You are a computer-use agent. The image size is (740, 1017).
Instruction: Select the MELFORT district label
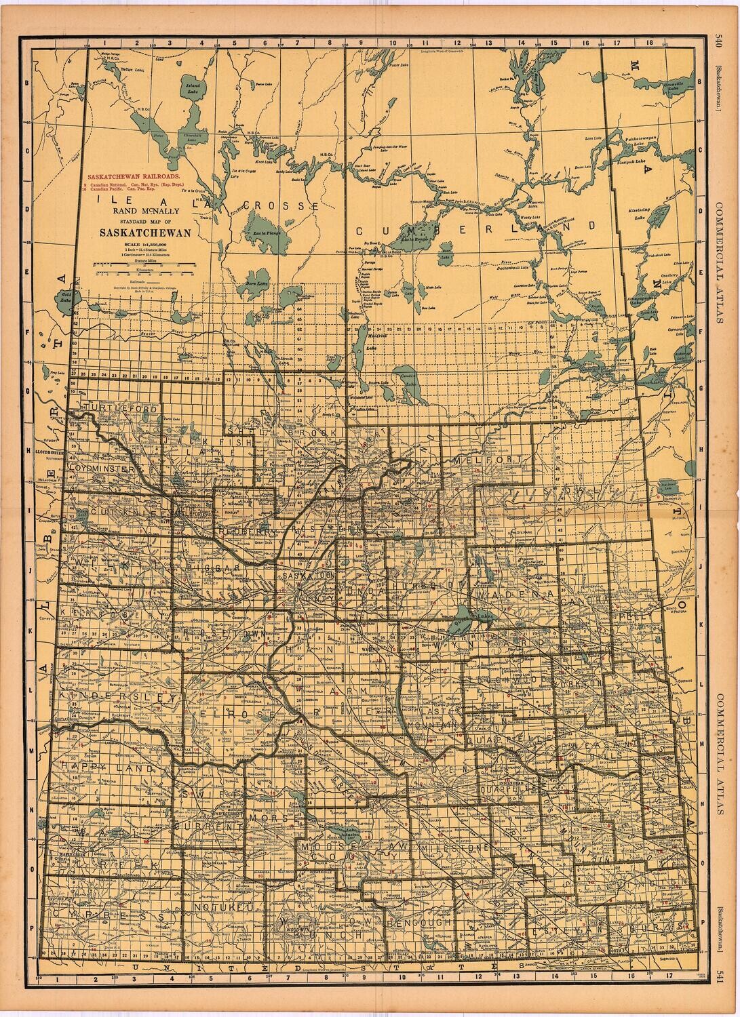point(488,460)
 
